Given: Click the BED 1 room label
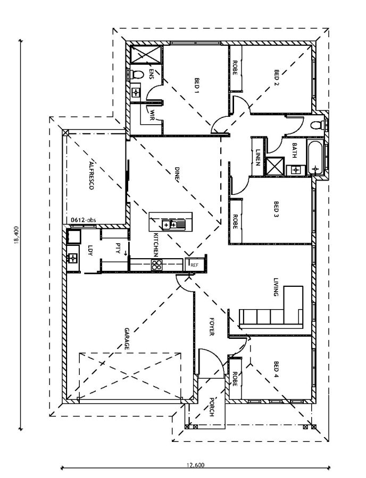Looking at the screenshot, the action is (197, 86).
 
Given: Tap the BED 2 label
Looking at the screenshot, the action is (277, 78).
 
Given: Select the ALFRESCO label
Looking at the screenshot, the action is (91, 174).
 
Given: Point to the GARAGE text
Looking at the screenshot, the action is (127, 339).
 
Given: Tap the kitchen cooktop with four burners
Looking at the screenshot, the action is (157, 264).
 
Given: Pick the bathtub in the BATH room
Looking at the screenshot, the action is (315, 158).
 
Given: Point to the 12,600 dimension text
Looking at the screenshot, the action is (195, 465).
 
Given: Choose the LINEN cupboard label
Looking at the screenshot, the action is (257, 157).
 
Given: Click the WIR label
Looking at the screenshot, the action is (152, 115).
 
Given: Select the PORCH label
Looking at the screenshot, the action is (212, 407).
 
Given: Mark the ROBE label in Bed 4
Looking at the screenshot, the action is (235, 379).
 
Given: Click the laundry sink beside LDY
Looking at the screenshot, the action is (73, 258).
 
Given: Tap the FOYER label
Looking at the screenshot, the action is (211, 327).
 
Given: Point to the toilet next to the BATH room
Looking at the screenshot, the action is (318, 125).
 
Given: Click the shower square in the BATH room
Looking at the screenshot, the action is (276, 166).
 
